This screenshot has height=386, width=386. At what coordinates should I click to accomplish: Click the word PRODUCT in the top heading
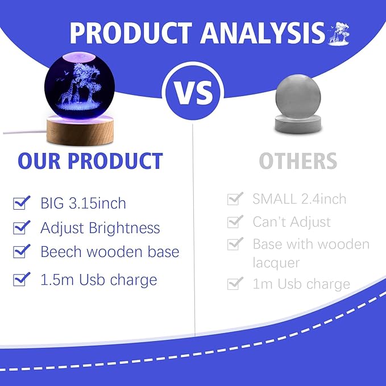tap(131, 33)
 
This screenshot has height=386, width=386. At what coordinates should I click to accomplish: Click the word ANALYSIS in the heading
tap(263, 33)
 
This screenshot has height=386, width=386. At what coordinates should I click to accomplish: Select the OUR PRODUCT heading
tap(90, 161)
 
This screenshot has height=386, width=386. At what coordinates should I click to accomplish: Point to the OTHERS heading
tap(298, 161)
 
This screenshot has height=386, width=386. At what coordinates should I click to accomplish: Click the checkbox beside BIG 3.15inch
tap(21, 203)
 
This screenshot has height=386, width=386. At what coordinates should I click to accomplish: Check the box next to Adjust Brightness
tap(21, 227)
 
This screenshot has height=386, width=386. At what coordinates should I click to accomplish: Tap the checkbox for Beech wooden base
tap(21, 251)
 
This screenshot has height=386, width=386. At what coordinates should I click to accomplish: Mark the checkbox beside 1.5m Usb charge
tap(21, 279)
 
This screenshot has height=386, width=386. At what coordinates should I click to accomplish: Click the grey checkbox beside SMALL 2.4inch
tap(235, 198)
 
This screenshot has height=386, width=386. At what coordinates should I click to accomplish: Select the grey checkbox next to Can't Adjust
tap(235, 222)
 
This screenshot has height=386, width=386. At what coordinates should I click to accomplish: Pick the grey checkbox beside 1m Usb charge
tap(235, 284)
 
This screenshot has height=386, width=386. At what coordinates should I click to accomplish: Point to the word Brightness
tap(124, 228)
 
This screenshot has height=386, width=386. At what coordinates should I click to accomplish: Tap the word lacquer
tap(276, 263)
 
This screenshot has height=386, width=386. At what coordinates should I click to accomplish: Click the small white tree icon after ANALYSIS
tap(339, 34)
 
